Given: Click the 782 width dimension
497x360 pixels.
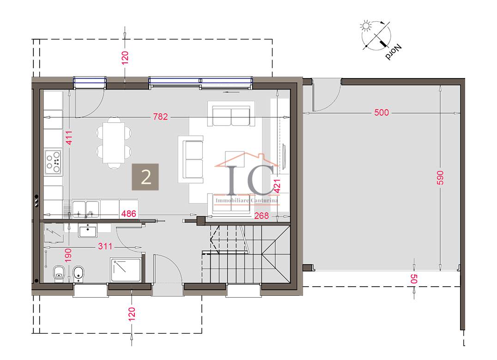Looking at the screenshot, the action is click(x=160, y=117).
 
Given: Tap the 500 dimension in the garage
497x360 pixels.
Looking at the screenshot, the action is click(x=382, y=113).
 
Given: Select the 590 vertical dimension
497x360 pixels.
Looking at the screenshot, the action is click(x=440, y=178).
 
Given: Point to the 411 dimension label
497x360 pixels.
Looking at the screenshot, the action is click(x=69, y=138).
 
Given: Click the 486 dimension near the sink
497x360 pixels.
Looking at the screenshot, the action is click(x=129, y=214).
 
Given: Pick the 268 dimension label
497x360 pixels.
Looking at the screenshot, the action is click(x=261, y=216).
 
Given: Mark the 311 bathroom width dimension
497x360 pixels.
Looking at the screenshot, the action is click(x=105, y=246).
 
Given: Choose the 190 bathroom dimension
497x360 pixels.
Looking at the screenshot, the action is click(x=68, y=255).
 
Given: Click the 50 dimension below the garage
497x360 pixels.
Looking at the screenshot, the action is click(x=414, y=279).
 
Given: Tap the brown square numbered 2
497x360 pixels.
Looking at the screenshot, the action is click(x=145, y=177).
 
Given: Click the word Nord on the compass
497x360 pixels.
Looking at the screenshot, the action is click(x=394, y=52).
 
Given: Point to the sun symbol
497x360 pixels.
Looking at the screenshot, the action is click(x=366, y=26).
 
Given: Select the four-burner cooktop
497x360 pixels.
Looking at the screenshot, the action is click(x=53, y=162).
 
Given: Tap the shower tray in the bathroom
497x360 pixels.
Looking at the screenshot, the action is click(x=126, y=270).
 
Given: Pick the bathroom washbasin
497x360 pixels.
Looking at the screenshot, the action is click(x=87, y=230).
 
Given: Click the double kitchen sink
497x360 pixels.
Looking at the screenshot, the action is click(x=85, y=209).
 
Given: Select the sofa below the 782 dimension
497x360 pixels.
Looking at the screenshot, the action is click(x=231, y=114).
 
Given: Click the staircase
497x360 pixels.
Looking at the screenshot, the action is click(x=246, y=253).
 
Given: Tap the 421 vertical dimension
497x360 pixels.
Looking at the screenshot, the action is click(x=277, y=186).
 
